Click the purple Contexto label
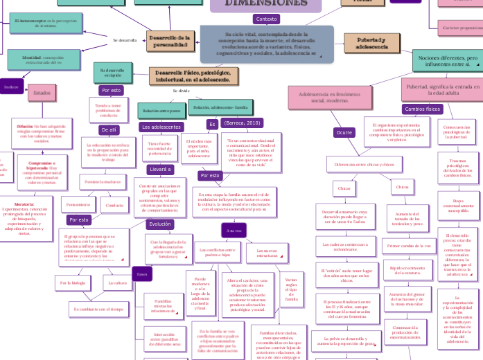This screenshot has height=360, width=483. coord(266,19)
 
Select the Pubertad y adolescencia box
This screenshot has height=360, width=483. coord(372,43)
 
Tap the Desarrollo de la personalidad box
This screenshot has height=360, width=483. coord(170,41)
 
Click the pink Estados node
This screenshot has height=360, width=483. coord(42,93)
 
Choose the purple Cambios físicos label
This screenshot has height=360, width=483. coord(423,109)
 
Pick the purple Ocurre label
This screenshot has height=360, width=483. coord(344,132)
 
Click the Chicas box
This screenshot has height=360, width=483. coord(344,188)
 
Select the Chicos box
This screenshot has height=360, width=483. coord(402,187)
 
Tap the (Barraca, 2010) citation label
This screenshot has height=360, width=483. coord(243,123)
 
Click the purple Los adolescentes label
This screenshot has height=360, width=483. coord(161,127)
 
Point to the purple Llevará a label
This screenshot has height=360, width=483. coord(161,170)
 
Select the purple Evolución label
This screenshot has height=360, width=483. coord(160,224)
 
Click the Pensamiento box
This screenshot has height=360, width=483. coord(78,204)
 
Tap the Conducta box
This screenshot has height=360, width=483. coord(113,205)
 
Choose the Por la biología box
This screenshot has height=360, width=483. coord(73,282)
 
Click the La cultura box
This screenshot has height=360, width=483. coord(118,282)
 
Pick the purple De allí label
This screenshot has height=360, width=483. coord(109,129)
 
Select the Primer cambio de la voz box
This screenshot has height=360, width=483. coord(407,246)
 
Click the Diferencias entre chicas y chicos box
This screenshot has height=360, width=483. coord(364,165)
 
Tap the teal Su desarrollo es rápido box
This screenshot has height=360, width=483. coord(112,72)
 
